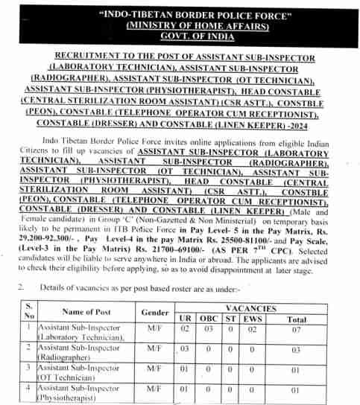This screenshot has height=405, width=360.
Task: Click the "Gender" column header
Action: click(x=154, y=311)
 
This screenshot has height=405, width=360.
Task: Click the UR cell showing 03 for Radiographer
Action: click(x=186, y=348)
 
